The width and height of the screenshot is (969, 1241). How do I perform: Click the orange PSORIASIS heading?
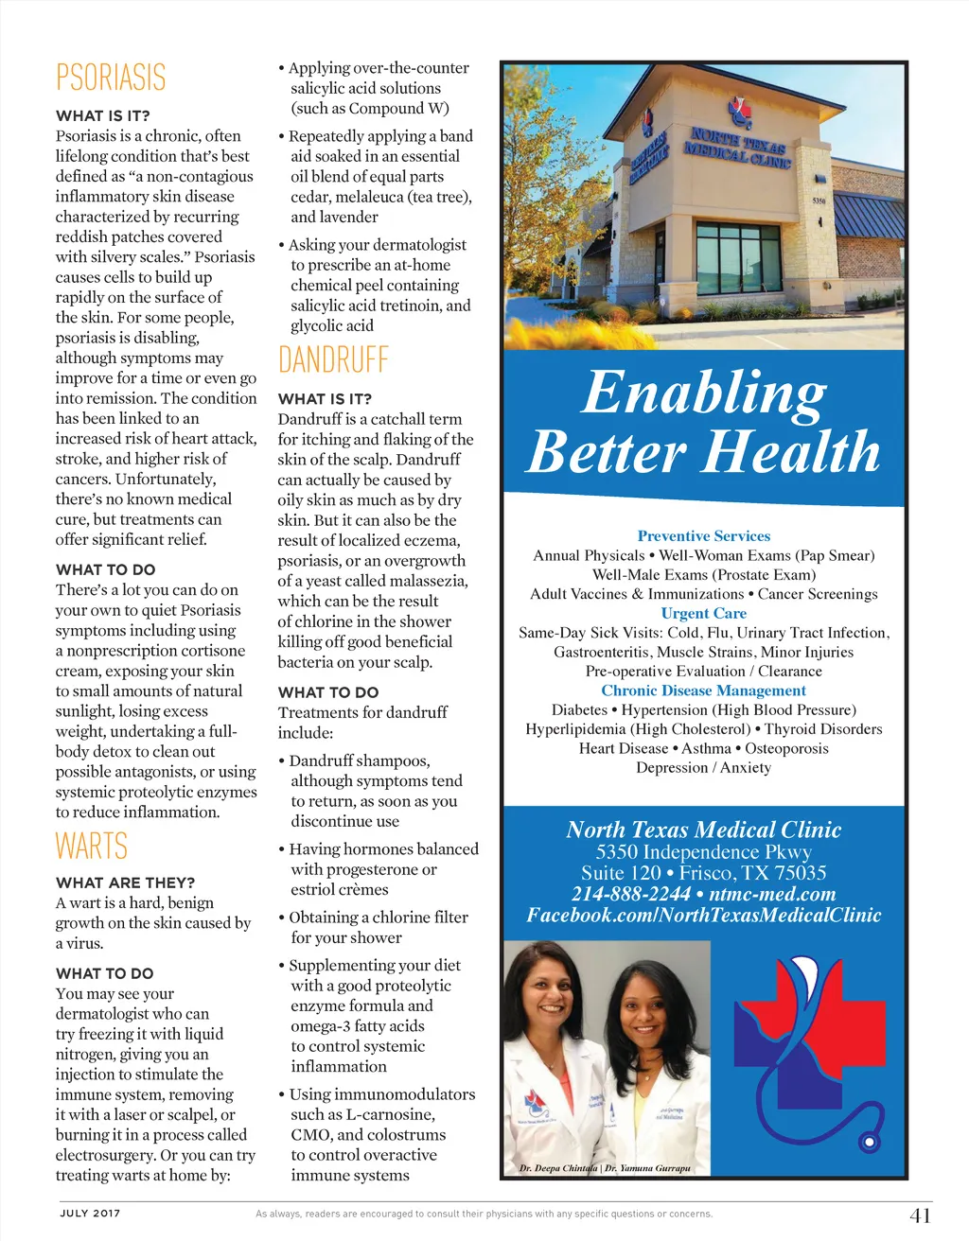pos(111,78)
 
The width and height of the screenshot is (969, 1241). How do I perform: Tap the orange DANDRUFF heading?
pos(333,360)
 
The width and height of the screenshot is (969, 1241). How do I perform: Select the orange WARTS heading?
pos(92,846)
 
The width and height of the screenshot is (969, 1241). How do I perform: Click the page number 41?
pos(920,1215)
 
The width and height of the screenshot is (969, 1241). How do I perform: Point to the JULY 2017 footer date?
pos(90,1213)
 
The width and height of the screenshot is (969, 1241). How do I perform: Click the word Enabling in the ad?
pos(704,393)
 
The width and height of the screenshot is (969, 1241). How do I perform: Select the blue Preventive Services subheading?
pos(704,536)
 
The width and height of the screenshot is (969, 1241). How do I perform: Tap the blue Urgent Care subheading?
pos(704,613)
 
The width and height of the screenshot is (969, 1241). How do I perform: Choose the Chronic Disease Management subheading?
pos(704,690)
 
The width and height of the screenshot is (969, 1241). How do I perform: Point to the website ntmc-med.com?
pos(772,894)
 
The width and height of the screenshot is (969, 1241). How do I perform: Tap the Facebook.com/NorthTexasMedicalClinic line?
pos(704,916)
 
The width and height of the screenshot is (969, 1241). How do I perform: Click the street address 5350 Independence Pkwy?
pos(704,851)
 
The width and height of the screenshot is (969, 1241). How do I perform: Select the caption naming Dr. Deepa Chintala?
pos(558,1168)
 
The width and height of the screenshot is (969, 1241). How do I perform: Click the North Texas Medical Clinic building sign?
pos(738,149)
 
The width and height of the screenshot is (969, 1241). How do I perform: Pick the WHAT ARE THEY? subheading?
pos(126,883)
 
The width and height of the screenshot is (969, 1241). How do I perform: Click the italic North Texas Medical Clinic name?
pos(704,830)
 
